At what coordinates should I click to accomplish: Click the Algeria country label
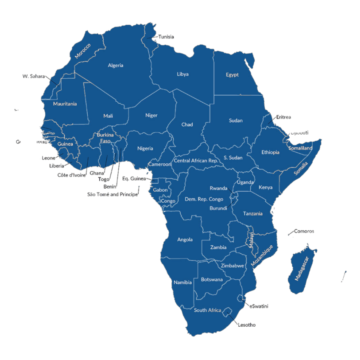click(x=115, y=65)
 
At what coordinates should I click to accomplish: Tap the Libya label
click(x=182, y=74)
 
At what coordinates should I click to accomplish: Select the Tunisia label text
click(x=166, y=37)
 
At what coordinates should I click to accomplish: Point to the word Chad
click(x=187, y=124)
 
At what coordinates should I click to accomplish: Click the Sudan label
click(x=236, y=121)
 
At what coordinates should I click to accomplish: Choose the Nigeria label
click(x=145, y=148)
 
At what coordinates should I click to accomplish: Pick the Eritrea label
click(x=284, y=117)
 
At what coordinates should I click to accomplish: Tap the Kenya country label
click(x=265, y=188)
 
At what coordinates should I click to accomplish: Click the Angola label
click(x=185, y=239)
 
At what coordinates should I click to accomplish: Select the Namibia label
click(x=183, y=282)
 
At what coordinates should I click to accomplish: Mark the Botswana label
click(x=212, y=279)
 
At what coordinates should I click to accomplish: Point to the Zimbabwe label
click(x=233, y=265)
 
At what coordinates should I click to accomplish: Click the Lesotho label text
click(x=247, y=324)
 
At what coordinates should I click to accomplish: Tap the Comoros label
click(x=304, y=231)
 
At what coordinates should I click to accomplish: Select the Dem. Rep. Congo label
click(x=204, y=199)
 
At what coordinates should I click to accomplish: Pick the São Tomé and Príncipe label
click(x=112, y=194)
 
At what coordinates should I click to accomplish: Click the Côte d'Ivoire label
click(x=71, y=175)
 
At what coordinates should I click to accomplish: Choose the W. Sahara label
click(x=33, y=76)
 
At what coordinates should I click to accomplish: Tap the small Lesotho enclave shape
click(x=227, y=312)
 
